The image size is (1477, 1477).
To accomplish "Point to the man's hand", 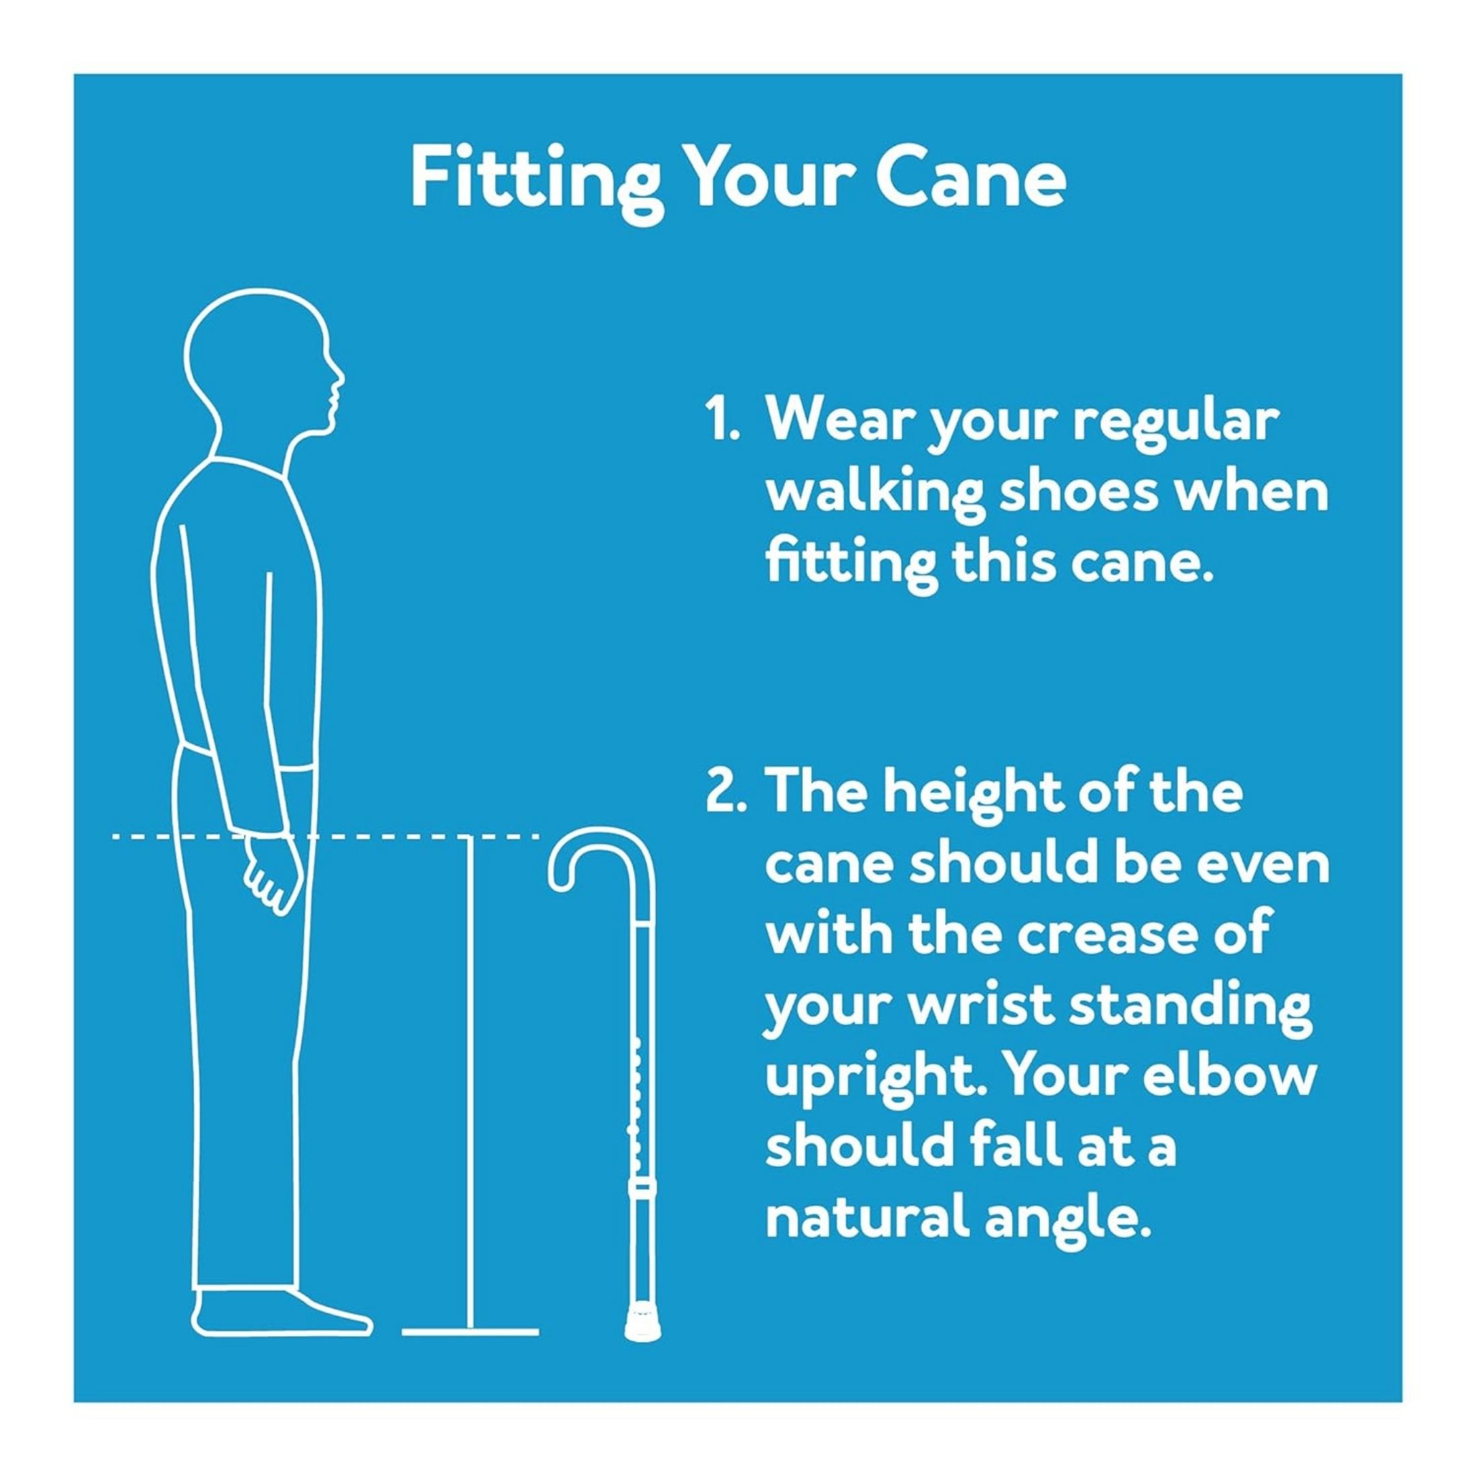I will point(272,875).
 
